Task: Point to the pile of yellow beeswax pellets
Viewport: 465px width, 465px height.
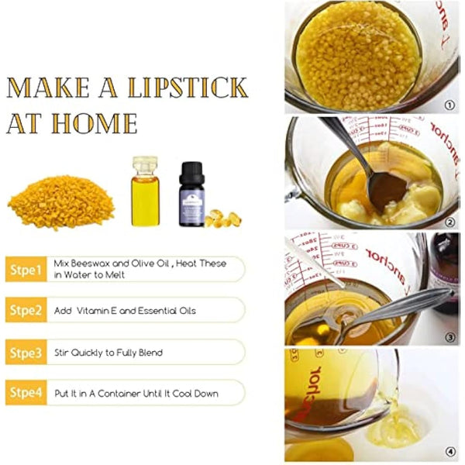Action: (60, 203)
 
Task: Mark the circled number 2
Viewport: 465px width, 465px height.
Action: (449, 222)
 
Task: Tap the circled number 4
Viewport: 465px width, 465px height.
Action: (449, 452)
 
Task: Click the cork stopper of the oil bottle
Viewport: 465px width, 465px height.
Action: (145, 164)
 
